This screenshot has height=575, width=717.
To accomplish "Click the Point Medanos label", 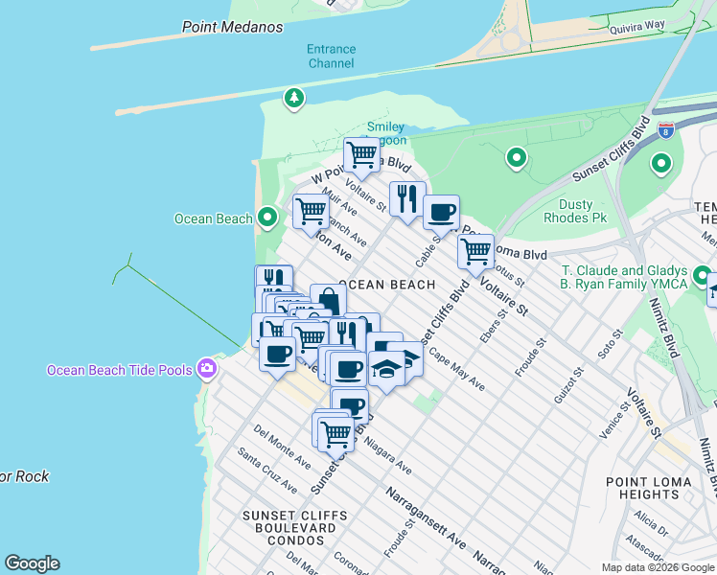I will pyautogui.click(x=233, y=27).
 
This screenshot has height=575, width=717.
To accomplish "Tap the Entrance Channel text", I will pyautogui.click(x=331, y=57).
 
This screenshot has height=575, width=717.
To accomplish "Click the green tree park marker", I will pyautogui.click(x=293, y=97).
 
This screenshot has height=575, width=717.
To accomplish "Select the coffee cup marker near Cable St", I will pyautogui.click(x=441, y=212).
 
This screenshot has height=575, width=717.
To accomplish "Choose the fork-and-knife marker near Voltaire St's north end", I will pyautogui.click(x=407, y=199).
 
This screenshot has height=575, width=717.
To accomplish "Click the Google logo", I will pyautogui.click(x=32, y=563).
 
